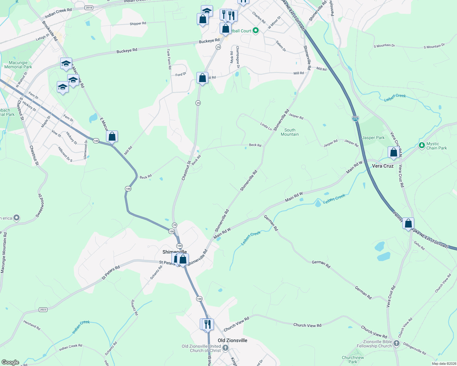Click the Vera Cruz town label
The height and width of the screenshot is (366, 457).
[383, 166]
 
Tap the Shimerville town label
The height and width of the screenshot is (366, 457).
[174, 252]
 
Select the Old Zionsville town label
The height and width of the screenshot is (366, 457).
[232, 340]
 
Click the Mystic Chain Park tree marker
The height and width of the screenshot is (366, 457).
[422, 145]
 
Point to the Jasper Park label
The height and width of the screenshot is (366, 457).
[373, 138]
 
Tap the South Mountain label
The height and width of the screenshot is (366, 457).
[290, 132]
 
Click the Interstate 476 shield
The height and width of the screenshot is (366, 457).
[355, 119]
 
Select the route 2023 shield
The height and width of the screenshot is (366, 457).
[43, 310]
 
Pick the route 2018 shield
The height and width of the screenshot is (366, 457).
[89, 8]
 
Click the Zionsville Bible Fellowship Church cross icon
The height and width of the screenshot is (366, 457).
[397, 343]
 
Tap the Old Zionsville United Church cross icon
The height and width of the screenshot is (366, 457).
[225, 348]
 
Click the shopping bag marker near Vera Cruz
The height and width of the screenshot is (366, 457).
[393, 152]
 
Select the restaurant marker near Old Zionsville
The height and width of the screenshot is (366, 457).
[208, 324]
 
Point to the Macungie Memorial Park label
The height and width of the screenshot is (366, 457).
[18, 65]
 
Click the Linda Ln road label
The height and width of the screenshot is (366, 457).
[266, 126]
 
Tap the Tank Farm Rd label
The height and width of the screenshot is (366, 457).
[169, 59]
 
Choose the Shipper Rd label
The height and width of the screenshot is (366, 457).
[138, 23]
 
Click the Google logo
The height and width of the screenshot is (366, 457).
[10, 362]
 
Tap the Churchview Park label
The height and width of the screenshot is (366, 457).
[353, 360]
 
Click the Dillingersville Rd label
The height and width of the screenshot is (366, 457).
[415, 349]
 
